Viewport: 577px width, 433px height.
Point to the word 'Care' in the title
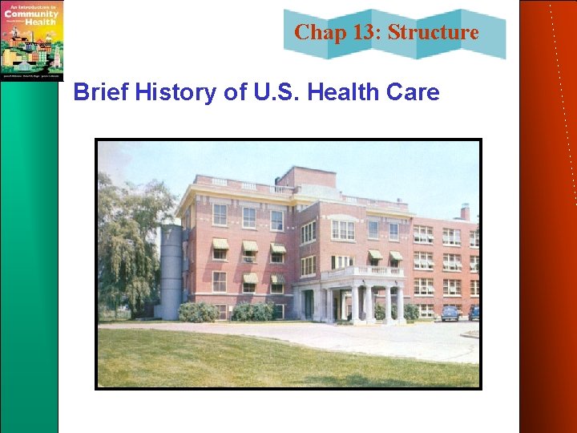(414, 93)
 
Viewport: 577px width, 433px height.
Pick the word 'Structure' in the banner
(434, 33)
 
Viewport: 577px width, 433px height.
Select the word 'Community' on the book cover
(30, 14)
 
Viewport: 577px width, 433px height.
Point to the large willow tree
(132, 241)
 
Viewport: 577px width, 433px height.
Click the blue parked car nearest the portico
(450, 314)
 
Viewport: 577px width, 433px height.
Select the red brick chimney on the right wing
(465, 212)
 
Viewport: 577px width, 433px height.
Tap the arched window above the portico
(343, 228)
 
